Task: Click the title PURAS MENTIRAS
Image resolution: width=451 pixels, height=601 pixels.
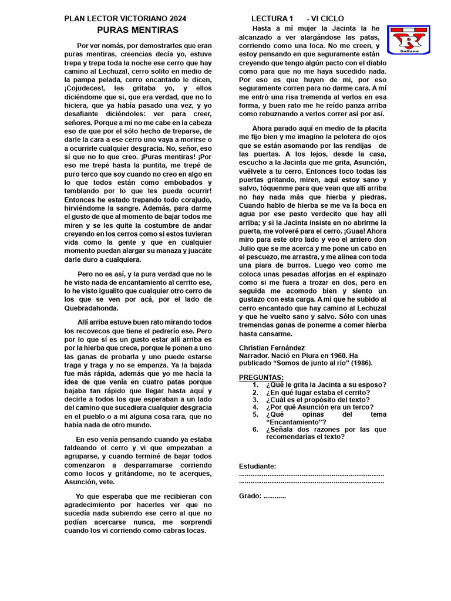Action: point(137,30)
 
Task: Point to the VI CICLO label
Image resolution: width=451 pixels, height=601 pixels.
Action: point(327,19)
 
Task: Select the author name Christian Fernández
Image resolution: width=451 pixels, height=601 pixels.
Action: point(272,348)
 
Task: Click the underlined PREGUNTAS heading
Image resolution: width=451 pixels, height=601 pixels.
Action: point(261,377)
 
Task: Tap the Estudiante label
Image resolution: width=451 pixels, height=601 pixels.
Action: point(257,467)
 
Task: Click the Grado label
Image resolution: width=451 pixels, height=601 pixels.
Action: point(250,496)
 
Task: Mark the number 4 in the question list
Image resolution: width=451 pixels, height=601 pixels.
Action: point(255,407)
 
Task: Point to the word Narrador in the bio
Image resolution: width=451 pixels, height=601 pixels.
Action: point(256,356)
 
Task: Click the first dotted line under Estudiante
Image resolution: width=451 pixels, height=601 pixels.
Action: point(311,474)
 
